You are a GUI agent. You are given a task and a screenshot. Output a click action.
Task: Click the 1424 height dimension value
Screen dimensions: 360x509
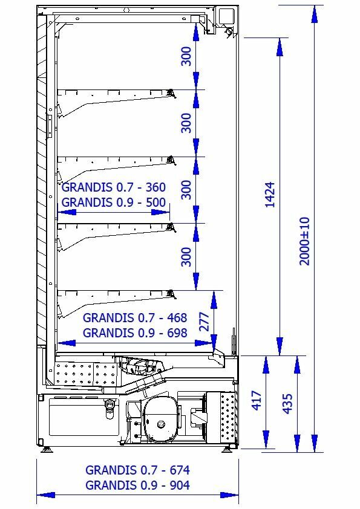(270, 195)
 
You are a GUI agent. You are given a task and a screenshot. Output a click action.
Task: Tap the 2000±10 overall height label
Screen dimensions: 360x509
(304, 241)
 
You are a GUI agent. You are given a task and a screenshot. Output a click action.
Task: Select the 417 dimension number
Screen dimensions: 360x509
(257, 401)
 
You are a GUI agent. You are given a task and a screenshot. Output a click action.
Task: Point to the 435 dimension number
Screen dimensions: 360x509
(287, 403)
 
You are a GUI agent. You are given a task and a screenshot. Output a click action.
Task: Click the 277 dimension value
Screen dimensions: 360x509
(204, 322)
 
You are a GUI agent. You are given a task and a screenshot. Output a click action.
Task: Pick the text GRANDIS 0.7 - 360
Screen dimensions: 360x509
(113, 187)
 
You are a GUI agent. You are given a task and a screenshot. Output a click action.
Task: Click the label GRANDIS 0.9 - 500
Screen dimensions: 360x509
(113, 203)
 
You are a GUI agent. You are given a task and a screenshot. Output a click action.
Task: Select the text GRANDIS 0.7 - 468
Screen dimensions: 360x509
(135, 317)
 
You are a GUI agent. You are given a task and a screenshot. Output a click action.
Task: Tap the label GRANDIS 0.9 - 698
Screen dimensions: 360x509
(135, 332)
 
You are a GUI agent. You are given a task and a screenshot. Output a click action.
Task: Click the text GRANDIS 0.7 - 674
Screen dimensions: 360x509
(137, 470)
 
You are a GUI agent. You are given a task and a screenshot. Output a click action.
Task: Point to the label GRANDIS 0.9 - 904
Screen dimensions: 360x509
(137, 485)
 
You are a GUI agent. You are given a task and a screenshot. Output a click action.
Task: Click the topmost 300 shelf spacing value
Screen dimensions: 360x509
(186, 56)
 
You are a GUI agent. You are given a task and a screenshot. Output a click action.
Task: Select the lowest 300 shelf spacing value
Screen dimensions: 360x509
(186, 256)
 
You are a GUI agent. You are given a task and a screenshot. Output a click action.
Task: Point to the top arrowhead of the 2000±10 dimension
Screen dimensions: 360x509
(314, 15)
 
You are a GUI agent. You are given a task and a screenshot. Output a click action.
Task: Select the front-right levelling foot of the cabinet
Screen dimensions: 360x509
(227, 450)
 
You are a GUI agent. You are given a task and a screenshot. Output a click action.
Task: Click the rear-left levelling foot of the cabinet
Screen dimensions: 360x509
(47, 450)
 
